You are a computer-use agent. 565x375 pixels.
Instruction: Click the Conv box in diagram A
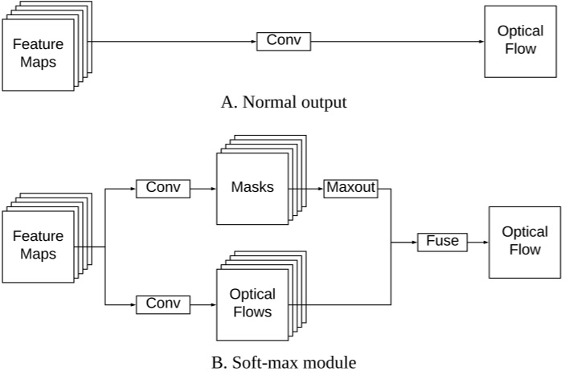point(283,41)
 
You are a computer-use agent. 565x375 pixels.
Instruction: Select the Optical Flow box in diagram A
point(520,41)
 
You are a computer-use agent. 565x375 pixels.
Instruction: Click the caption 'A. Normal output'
point(284,102)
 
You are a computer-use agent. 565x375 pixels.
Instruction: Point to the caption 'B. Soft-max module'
point(283,362)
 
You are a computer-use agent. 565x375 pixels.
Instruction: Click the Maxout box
point(350,189)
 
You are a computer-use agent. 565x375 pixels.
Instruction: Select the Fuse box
point(442,241)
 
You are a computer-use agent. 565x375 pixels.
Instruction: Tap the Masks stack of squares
point(252,188)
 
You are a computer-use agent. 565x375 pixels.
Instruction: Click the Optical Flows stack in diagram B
point(252,304)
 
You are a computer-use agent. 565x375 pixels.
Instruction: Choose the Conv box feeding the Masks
point(163,189)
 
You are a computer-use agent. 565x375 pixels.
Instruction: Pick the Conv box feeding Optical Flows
point(163,304)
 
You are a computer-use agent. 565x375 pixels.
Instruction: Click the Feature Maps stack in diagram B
point(39,246)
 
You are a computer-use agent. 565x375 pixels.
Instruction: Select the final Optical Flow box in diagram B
point(524,241)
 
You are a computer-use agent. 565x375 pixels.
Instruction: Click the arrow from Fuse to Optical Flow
point(477,241)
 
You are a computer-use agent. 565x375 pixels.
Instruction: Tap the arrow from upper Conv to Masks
point(203,189)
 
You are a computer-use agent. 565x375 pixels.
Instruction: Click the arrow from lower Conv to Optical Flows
point(203,304)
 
